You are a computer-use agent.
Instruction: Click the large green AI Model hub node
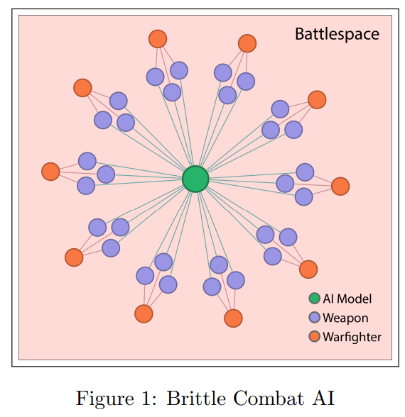(195, 179)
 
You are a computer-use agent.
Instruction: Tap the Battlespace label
(337, 34)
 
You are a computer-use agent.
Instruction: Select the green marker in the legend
(314, 299)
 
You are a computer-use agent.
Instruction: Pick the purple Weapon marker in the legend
(314, 318)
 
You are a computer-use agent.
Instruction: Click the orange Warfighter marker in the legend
(314, 336)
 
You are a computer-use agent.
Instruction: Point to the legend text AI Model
(347, 299)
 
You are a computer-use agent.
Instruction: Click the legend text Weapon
(345, 318)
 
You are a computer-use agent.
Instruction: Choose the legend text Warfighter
(352, 337)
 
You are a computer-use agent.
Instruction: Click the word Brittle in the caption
(196, 398)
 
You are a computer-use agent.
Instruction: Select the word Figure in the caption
(105, 399)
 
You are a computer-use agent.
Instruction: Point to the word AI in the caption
(323, 398)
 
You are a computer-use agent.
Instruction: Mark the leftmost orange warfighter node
(50, 172)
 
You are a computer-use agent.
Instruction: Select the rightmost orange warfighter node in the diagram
(340, 186)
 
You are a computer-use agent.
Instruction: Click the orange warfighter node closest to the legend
(308, 269)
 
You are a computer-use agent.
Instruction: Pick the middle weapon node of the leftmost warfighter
(106, 174)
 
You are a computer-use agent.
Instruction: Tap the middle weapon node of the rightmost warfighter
(285, 184)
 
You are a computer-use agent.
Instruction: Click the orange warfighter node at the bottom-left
(74, 257)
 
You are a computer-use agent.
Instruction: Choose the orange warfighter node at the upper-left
(82, 88)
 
